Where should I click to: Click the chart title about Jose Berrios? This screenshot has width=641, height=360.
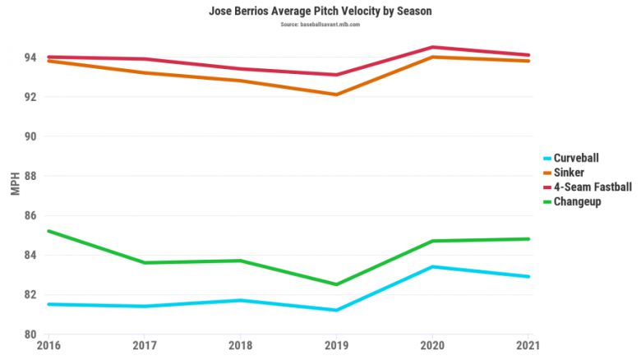(x=320, y=12)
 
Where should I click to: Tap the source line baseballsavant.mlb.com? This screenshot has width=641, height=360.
(x=320, y=25)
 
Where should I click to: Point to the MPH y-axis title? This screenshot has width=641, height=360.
(x=15, y=183)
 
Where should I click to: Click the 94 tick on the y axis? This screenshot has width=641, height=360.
(x=30, y=58)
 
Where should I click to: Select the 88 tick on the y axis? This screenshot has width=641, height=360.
(x=30, y=176)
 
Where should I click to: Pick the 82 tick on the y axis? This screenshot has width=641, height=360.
(x=30, y=295)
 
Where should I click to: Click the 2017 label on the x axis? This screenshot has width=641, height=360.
(x=144, y=346)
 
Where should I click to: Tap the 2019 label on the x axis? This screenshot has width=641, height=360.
(x=335, y=346)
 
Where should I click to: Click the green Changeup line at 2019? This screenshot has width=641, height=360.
(x=335, y=284)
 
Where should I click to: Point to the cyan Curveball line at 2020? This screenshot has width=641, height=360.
(x=431, y=266)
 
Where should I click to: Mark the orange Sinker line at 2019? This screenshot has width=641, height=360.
(x=335, y=95)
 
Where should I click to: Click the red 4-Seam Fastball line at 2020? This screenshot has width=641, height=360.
(x=431, y=47)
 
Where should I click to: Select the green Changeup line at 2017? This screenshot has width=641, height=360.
(x=144, y=262)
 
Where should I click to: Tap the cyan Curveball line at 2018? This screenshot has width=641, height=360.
(x=240, y=300)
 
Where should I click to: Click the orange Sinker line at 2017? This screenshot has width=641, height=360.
(x=144, y=72)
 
